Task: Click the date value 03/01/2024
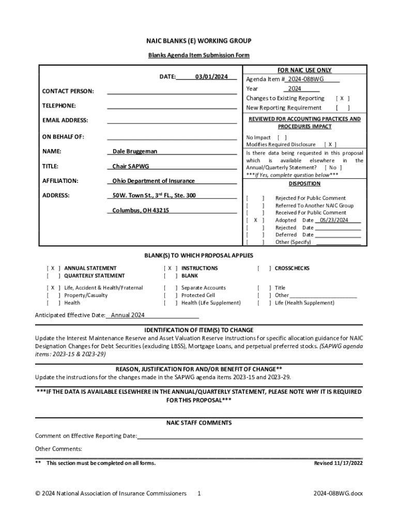(x=211, y=77)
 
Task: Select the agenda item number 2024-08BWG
(x=306, y=80)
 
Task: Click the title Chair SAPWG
(x=131, y=166)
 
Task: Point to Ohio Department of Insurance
(x=154, y=181)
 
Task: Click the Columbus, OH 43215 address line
(x=141, y=210)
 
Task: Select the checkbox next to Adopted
(x=255, y=220)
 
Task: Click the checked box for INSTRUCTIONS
(x=170, y=268)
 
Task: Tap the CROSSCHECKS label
(x=292, y=268)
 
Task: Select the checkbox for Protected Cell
(x=170, y=295)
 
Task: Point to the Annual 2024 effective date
(x=128, y=315)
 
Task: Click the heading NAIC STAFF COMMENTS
(x=198, y=423)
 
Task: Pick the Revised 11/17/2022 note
(x=338, y=463)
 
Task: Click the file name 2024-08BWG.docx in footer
(x=338, y=493)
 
